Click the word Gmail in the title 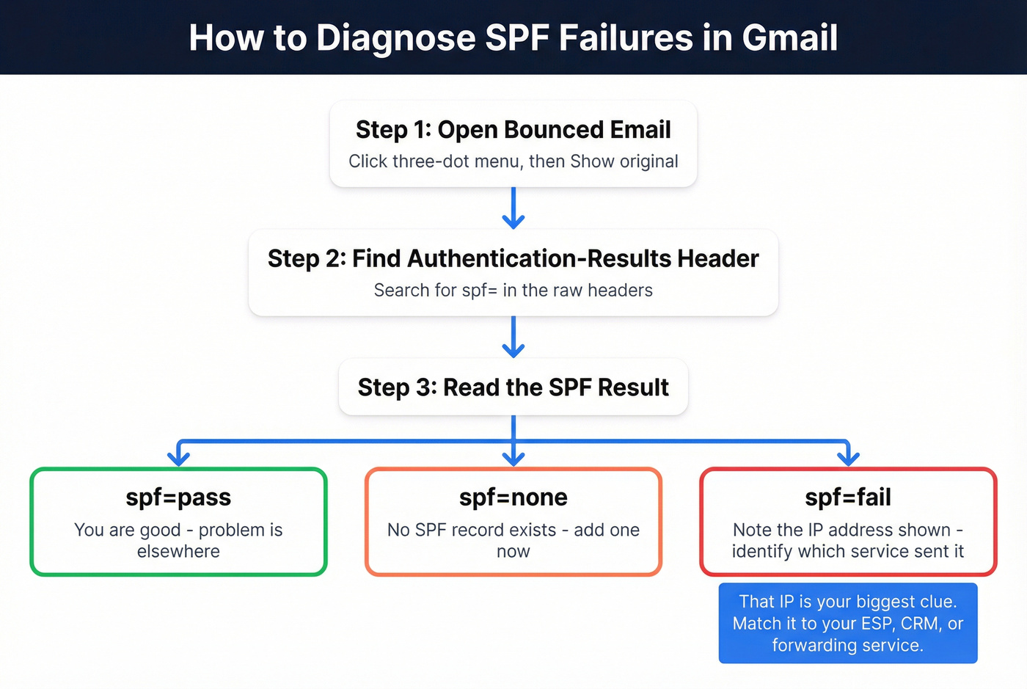tap(789, 38)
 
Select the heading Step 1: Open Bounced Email tap(513, 130)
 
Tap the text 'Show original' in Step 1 tap(624, 161)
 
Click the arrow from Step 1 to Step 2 tap(513, 208)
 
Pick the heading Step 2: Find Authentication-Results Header tap(513, 259)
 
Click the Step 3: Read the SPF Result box tap(513, 387)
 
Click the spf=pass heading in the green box tap(178, 497)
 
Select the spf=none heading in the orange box tap(513, 497)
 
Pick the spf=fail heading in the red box tap(848, 497)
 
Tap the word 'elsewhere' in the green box tap(178, 552)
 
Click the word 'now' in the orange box tap(513, 552)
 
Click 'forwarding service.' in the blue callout tap(847, 646)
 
